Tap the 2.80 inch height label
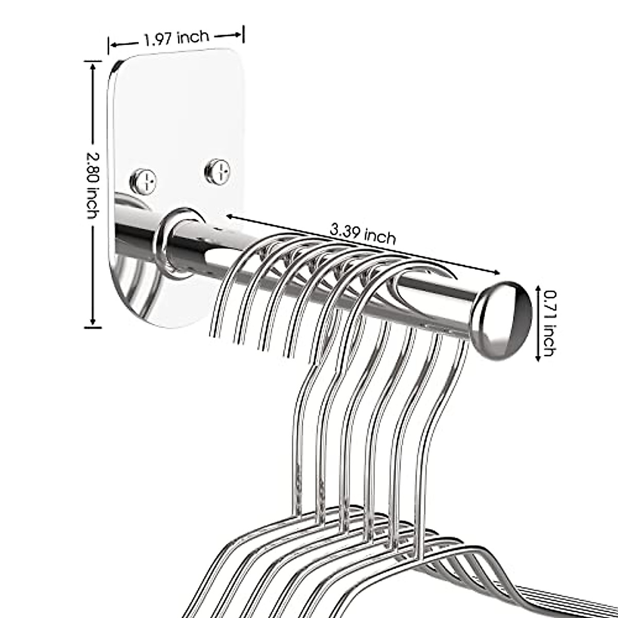pyautogui.click(x=92, y=185)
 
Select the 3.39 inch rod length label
pyautogui.click(x=364, y=235)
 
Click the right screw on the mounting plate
pyautogui.click(x=218, y=171)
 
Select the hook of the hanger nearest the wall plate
pyautogui.click(x=242, y=263)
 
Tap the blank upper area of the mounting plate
pyautogui.click(x=175, y=103)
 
